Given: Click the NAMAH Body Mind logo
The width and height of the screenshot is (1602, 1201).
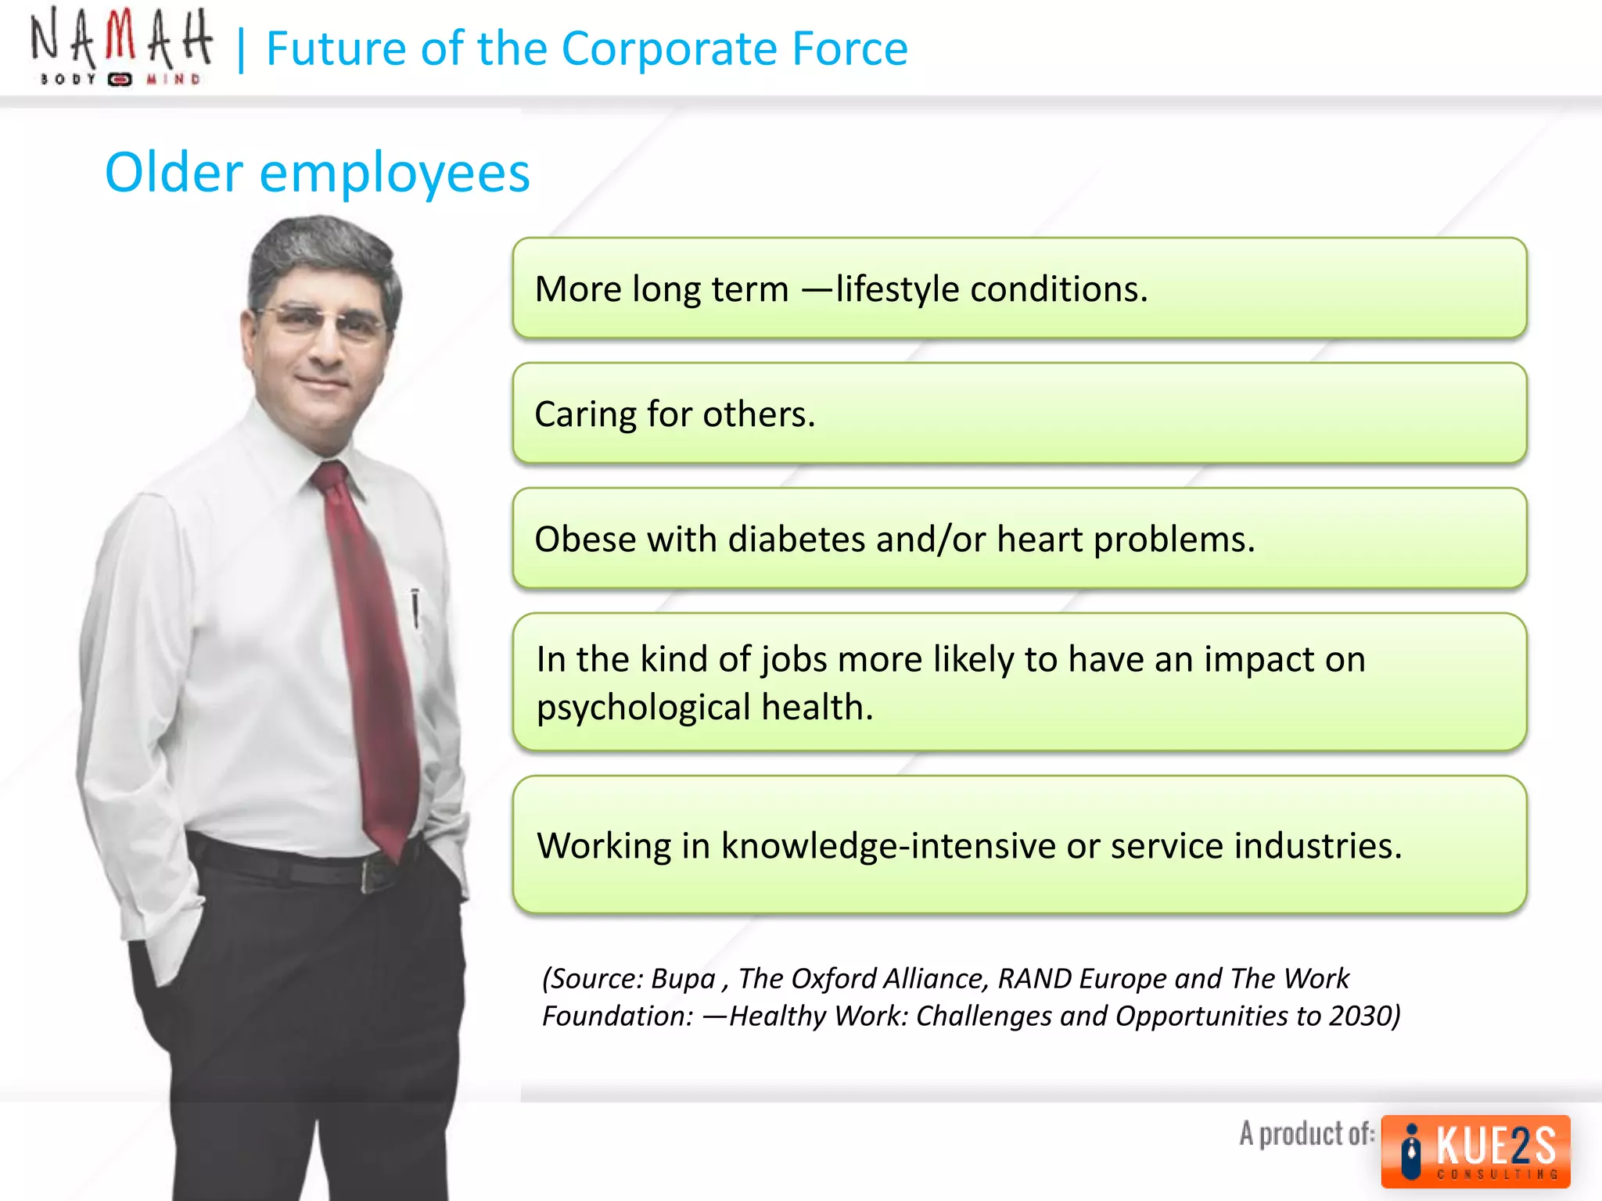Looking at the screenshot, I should click(x=120, y=47).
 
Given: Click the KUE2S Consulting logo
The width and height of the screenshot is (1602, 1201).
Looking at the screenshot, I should click(x=1475, y=1151).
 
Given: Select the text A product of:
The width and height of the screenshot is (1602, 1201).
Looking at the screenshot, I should click(x=1306, y=1134).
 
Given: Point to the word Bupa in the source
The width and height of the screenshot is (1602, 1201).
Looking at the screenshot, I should click(x=683, y=979).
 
